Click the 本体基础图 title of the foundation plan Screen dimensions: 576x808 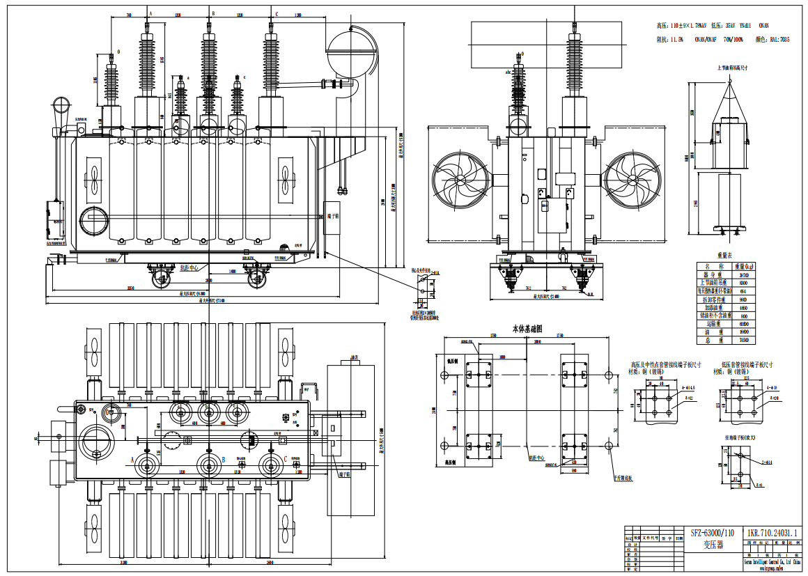(x=527, y=327)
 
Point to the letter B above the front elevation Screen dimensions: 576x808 (x=213, y=13)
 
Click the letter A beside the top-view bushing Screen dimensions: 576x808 (x=132, y=460)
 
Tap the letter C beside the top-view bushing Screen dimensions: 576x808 (x=286, y=459)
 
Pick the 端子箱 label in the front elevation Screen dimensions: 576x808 (x=332, y=216)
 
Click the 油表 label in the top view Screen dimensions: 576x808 (x=357, y=358)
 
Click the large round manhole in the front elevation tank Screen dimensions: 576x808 (x=93, y=221)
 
